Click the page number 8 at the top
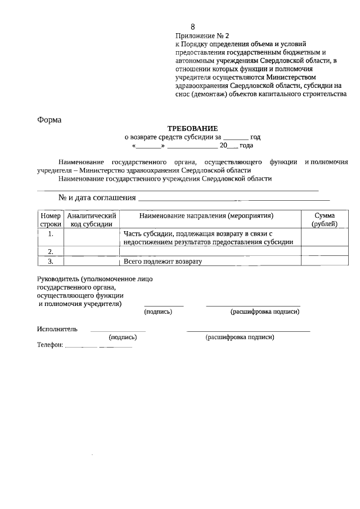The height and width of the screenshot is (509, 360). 193,26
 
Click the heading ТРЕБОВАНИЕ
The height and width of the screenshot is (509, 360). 192,128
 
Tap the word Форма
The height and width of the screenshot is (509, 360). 49,119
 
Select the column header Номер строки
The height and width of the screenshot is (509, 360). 51,219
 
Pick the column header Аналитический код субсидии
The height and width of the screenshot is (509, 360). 91,219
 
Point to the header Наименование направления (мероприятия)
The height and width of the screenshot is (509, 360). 210,215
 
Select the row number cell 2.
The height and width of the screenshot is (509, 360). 51,251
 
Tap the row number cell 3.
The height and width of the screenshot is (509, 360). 51,261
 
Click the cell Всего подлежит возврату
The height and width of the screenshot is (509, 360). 163,262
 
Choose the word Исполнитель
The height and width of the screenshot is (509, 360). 57,329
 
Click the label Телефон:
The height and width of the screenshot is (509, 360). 50,345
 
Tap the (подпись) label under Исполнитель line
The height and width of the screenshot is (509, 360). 123,337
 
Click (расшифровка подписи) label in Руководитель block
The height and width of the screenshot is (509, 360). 264,312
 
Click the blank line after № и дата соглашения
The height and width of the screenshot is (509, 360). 233,198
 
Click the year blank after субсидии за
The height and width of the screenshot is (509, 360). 236,137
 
